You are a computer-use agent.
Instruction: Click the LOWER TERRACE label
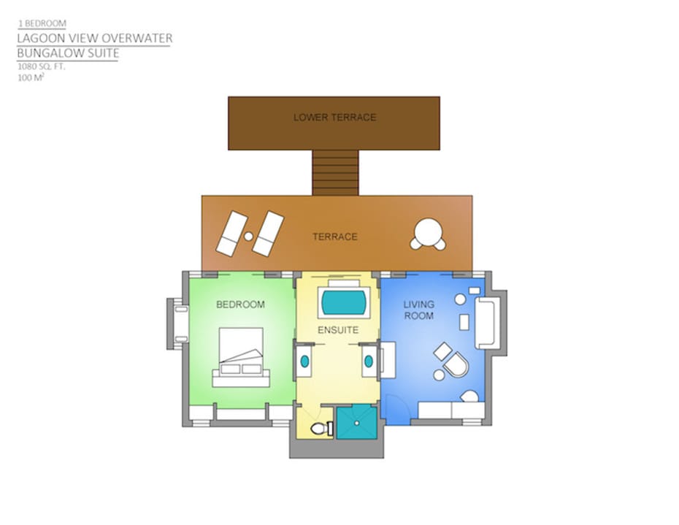click(334, 118)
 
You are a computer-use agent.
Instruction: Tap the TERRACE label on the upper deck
click(335, 237)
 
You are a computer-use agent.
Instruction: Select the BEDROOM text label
click(240, 304)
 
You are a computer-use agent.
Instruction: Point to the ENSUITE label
click(338, 330)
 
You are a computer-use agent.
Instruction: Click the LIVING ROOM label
click(419, 310)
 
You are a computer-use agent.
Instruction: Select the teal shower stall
click(357, 423)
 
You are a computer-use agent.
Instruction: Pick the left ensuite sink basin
click(305, 361)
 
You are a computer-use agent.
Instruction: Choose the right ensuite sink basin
click(369, 361)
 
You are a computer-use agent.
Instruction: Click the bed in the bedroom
click(241, 357)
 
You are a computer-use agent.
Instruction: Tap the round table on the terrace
click(428, 231)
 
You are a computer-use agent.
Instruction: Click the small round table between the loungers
click(248, 237)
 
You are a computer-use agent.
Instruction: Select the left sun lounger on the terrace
click(231, 234)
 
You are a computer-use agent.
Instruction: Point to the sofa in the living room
click(486, 323)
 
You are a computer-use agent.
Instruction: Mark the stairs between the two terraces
click(336, 172)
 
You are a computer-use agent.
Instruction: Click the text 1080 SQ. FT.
click(41, 66)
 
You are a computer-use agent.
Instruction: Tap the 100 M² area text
click(31, 77)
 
